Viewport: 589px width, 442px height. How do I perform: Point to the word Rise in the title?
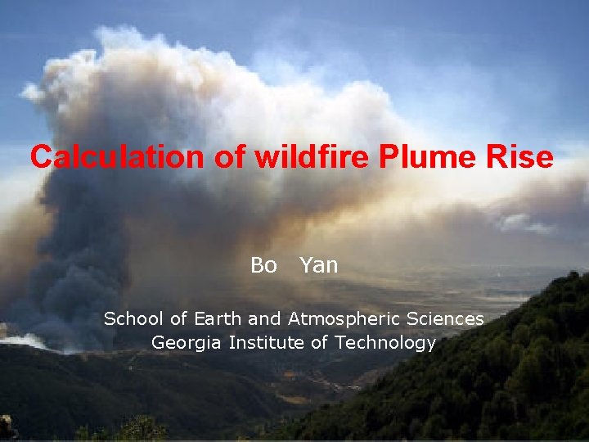coord(524,157)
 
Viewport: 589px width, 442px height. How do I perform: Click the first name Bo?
coord(263,265)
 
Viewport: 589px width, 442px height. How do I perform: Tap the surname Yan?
coord(318,265)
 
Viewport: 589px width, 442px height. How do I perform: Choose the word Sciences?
coord(449,318)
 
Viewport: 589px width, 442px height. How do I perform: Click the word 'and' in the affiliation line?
coord(264,318)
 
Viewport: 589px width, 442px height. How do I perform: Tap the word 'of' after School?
coord(182,318)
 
